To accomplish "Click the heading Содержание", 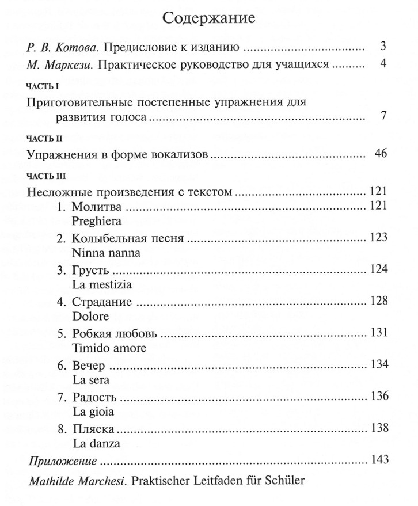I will [x=209, y=17].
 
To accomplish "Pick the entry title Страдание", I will [x=102, y=302].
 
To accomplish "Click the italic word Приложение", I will [x=62, y=461].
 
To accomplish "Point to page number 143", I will [x=381, y=460].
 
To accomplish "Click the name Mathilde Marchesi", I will [x=72, y=481].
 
